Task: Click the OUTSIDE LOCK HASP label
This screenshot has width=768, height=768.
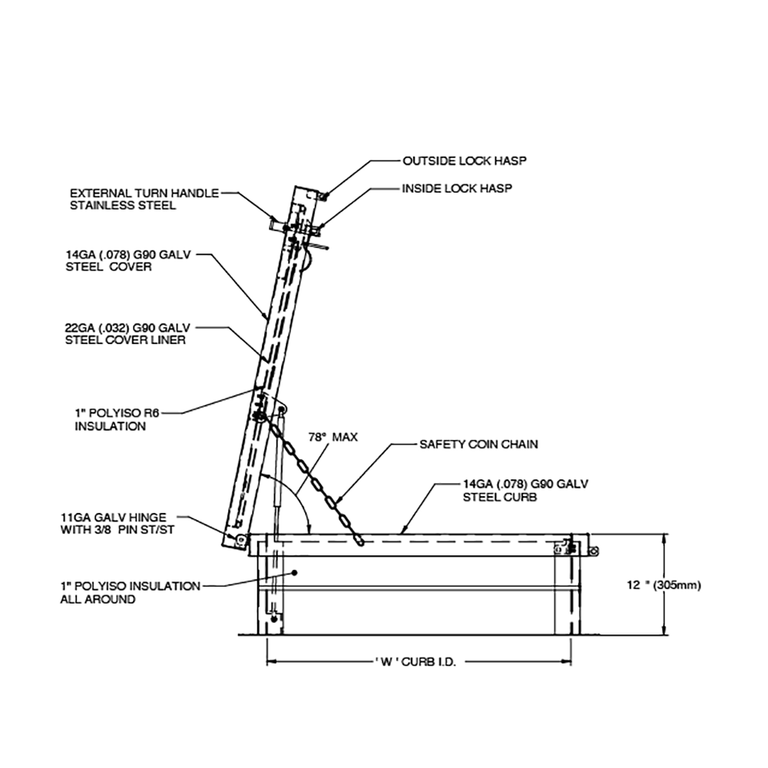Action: pyautogui.click(x=465, y=161)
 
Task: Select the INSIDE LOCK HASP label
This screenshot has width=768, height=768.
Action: pyautogui.click(x=457, y=189)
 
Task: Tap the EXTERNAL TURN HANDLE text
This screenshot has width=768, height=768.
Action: pyautogui.click(x=144, y=193)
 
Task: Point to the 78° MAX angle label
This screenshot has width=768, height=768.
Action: pyautogui.click(x=333, y=437)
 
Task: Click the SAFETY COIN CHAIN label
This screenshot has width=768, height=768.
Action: pyautogui.click(x=478, y=444)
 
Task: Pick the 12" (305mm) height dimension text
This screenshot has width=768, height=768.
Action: pyautogui.click(x=664, y=584)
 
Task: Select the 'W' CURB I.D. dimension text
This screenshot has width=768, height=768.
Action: pyautogui.click(x=415, y=662)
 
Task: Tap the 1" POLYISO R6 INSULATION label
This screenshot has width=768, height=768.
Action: pyautogui.click(x=117, y=420)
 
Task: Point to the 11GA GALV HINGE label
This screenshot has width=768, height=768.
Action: pyautogui.click(x=117, y=524)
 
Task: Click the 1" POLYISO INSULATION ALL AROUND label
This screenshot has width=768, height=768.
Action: pyautogui.click(x=130, y=593)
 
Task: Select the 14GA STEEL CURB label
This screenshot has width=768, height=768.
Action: pyautogui.click(x=525, y=490)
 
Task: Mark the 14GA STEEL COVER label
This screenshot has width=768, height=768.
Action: pyautogui.click(x=127, y=261)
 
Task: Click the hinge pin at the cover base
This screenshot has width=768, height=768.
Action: pyautogui.click(x=240, y=540)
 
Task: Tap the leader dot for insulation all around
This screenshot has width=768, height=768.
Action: pyautogui.click(x=294, y=573)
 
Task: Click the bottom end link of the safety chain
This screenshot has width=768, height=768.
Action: pyautogui.click(x=359, y=540)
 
